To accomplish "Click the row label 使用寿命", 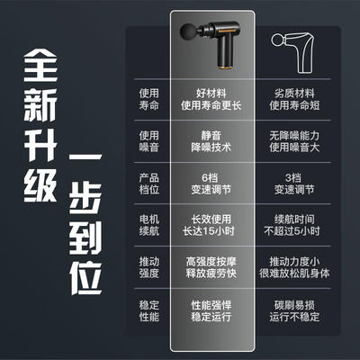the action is click(x=148, y=99).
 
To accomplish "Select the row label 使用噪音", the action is click(x=148, y=141).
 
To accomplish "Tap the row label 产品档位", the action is click(x=148, y=184).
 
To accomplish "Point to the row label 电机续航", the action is click(x=148, y=225).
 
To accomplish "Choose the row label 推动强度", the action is click(x=148, y=267).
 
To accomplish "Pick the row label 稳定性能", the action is click(x=148, y=310).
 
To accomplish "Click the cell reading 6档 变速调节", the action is click(x=211, y=184).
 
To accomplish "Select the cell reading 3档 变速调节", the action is click(x=294, y=184).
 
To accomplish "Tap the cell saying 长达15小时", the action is click(x=209, y=231).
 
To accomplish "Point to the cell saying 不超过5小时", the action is click(x=292, y=231).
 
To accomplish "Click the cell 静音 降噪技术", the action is click(x=211, y=141).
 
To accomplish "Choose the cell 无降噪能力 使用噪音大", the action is click(x=294, y=141).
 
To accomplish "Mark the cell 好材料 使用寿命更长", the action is click(x=211, y=99).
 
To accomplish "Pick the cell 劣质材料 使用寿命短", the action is click(x=294, y=99).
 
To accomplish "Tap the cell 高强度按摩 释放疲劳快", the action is click(x=211, y=267).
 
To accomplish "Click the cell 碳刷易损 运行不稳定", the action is click(x=294, y=310).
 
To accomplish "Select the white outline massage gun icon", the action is click(x=293, y=52).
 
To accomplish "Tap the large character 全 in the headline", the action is click(x=40, y=65).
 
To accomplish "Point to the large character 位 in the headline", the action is click(x=85, y=278).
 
